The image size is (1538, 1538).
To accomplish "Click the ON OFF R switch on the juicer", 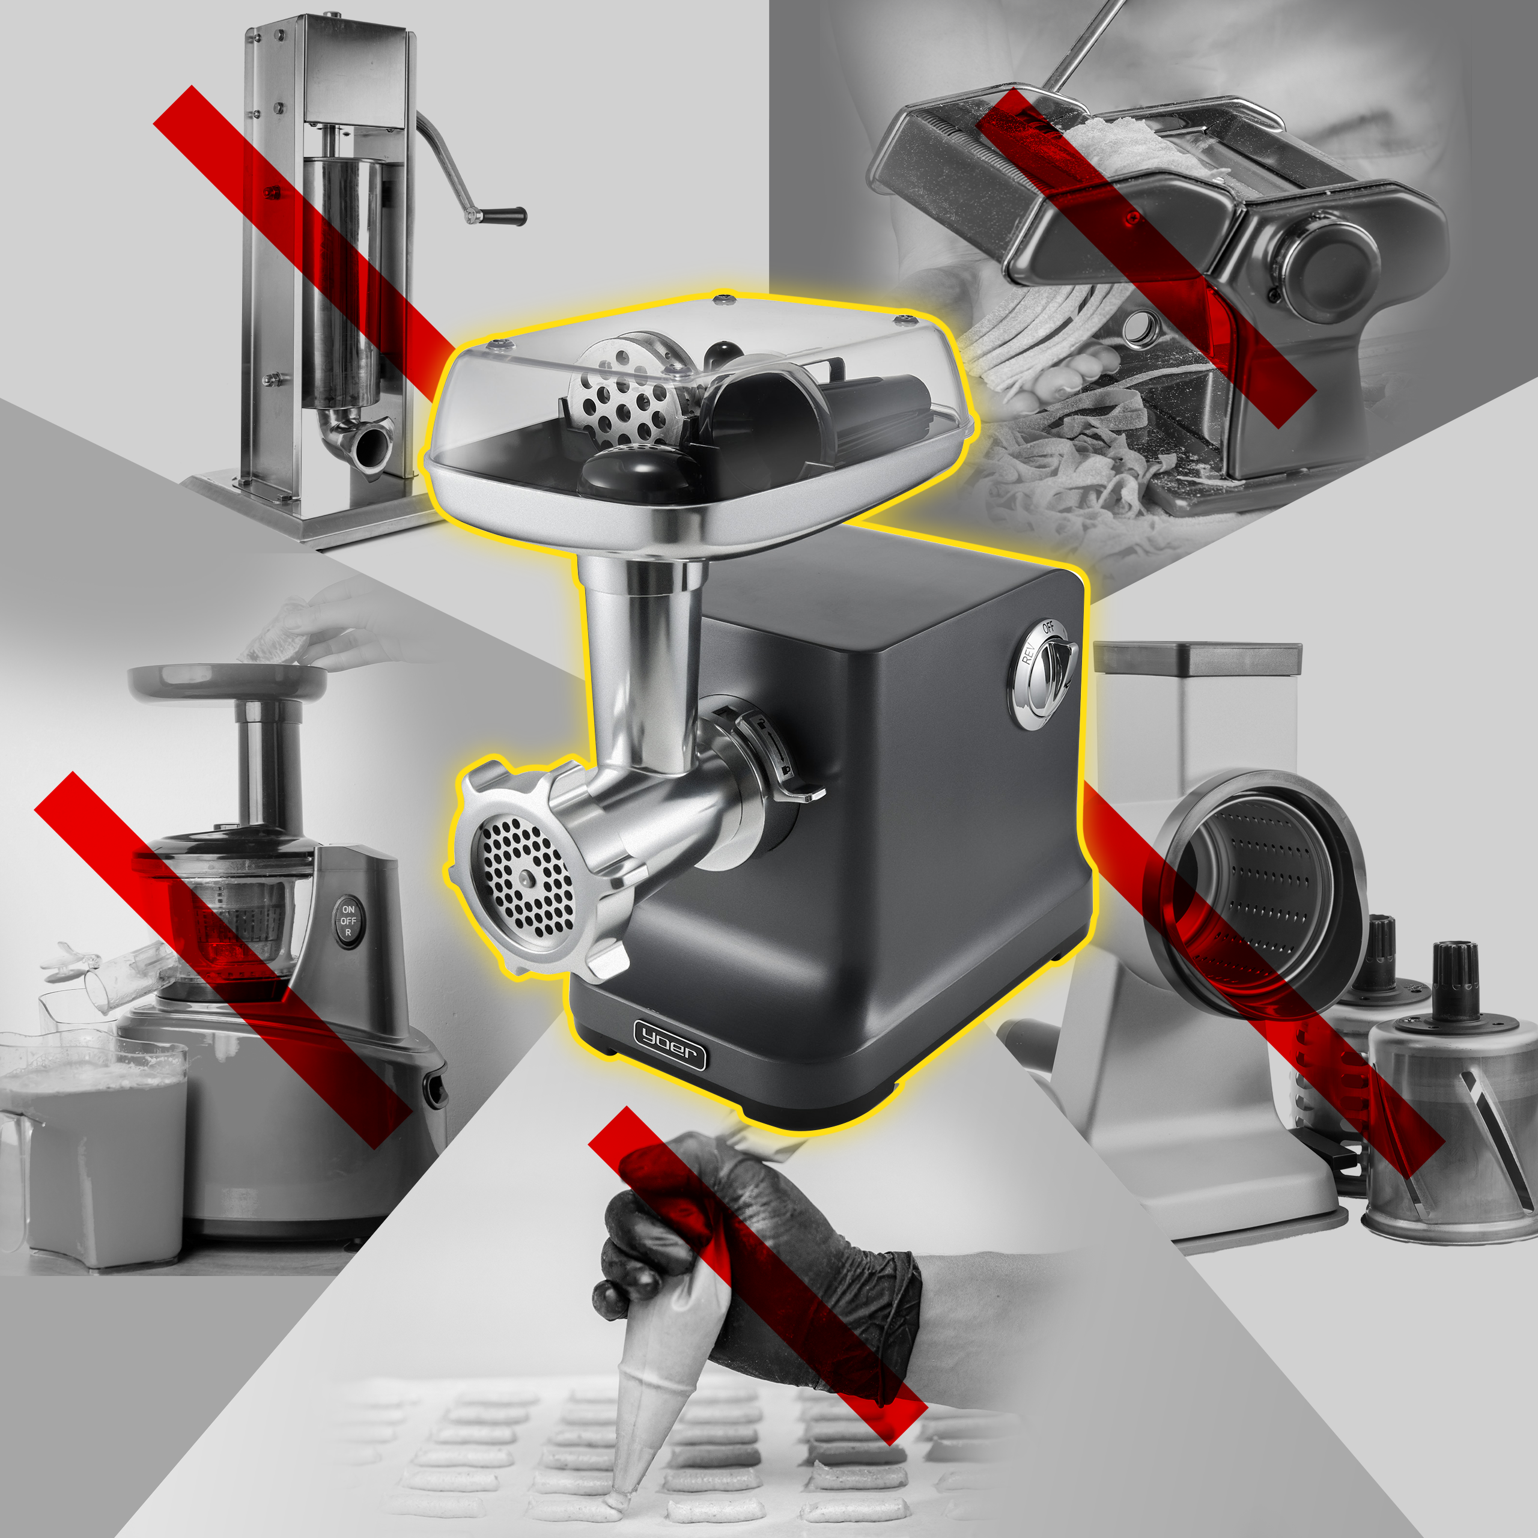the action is (x=348, y=921).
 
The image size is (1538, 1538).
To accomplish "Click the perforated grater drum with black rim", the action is (x=1258, y=892).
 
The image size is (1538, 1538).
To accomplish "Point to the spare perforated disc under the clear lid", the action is (x=629, y=390).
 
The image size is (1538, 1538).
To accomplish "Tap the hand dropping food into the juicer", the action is (x=342, y=629).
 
